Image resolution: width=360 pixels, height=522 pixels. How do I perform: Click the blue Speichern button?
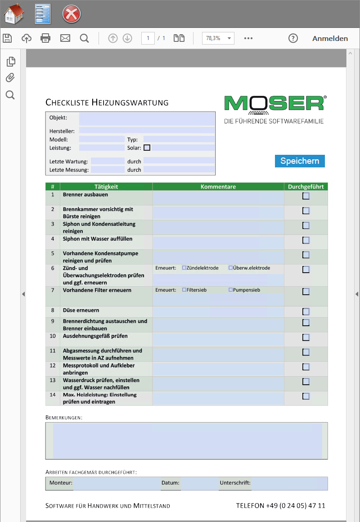[x=300, y=161]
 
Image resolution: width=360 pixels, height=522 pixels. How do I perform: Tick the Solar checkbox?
[x=147, y=148]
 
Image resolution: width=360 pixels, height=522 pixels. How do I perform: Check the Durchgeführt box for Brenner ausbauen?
[x=306, y=196]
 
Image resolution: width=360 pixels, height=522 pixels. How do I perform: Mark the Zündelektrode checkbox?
[x=184, y=268]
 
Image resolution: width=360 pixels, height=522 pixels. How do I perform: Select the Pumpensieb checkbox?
[x=231, y=290]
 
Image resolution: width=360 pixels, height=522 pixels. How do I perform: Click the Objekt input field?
[x=147, y=119]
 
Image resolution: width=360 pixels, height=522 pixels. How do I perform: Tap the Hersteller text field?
[x=147, y=130]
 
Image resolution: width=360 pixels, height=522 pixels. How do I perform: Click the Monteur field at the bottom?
[x=116, y=483]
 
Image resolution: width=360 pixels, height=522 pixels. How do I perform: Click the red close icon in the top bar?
[x=71, y=14]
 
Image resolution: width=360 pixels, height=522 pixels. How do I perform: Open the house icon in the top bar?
[x=14, y=14]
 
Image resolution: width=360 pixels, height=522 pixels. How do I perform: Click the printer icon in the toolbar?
[x=45, y=38]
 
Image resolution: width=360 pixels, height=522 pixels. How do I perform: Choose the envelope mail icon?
[x=65, y=38]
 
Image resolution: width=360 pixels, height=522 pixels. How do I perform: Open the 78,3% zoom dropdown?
[x=218, y=38]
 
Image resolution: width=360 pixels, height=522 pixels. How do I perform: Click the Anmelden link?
[x=330, y=38]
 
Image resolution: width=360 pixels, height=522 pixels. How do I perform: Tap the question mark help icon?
[x=293, y=38]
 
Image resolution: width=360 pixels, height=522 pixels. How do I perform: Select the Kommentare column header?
[x=218, y=187]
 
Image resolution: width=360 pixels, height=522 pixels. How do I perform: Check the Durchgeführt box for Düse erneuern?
[x=306, y=311]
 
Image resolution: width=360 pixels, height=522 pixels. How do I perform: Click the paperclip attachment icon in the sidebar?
[x=10, y=78]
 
